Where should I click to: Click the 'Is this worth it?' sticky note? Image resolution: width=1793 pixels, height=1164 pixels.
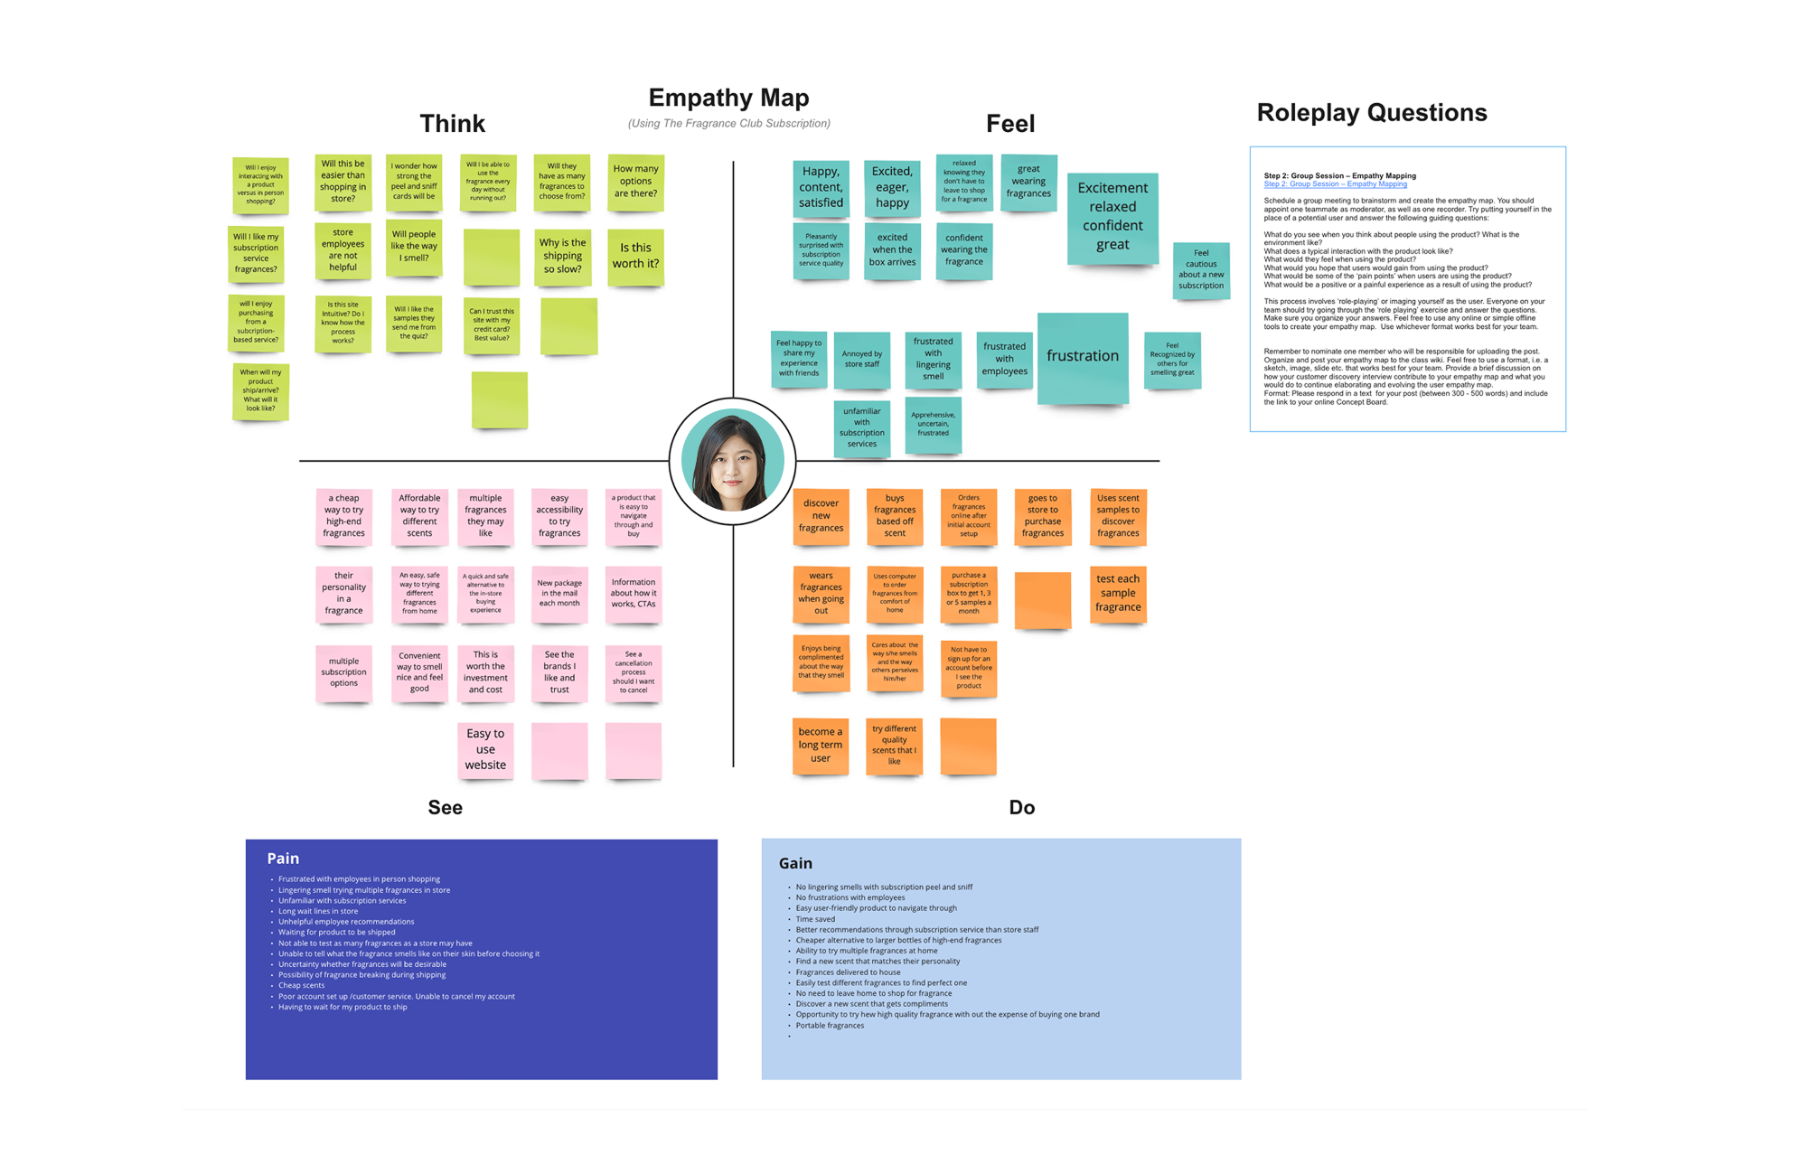pos(635,256)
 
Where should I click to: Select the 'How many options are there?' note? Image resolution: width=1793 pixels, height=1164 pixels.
pos(635,182)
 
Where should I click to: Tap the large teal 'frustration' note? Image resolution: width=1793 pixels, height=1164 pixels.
pos(1082,356)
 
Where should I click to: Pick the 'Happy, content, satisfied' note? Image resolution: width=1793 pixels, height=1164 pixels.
pos(821,187)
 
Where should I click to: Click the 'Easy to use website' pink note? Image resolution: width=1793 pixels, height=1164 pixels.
pos(485,749)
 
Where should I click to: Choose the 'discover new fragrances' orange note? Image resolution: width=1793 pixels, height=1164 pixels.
pos(821,516)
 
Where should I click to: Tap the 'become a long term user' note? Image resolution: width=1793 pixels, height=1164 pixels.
pos(820,746)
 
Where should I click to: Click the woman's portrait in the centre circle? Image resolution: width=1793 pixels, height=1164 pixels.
pos(732,461)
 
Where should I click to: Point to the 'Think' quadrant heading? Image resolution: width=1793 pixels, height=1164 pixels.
pos(452,124)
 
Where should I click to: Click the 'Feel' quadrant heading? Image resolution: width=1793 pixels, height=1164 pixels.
pos(1009,124)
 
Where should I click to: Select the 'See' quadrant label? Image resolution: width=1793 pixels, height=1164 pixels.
pos(445,807)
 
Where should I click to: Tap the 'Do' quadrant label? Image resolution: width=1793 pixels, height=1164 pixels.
pos(1021,807)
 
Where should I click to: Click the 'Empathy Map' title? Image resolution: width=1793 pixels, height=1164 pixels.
pos(728,98)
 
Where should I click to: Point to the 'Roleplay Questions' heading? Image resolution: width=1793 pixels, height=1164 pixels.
pos(1371,113)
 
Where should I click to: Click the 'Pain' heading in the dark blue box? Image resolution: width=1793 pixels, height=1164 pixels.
pos(283,859)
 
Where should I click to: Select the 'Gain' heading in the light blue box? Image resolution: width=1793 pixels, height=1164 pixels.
pos(795,863)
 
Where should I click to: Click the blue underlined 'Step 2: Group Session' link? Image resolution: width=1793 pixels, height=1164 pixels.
pos(1335,184)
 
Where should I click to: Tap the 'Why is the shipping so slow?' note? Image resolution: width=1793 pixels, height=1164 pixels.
pos(562,256)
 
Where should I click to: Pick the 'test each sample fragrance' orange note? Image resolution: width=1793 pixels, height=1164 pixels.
pos(1118,593)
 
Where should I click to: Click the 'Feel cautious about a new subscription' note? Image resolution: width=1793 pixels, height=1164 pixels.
pos(1201,269)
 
